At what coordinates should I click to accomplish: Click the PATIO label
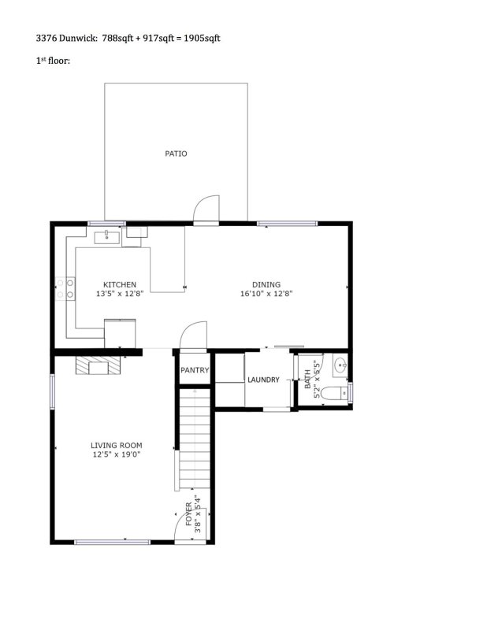(176, 154)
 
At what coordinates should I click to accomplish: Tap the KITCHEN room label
(120, 284)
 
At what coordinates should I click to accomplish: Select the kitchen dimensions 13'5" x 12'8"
(120, 294)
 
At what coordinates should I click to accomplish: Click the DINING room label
(266, 284)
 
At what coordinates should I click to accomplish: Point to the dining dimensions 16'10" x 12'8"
(266, 294)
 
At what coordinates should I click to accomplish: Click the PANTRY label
(195, 370)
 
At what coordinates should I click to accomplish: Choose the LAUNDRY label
(263, 380)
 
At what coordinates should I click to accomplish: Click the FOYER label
(188, 514)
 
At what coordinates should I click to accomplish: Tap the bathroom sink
(339, 365)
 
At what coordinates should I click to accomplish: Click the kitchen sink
(107, 236)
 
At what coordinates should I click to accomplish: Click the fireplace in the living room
(99, 365)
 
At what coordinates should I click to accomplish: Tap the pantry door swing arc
(194, 334)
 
